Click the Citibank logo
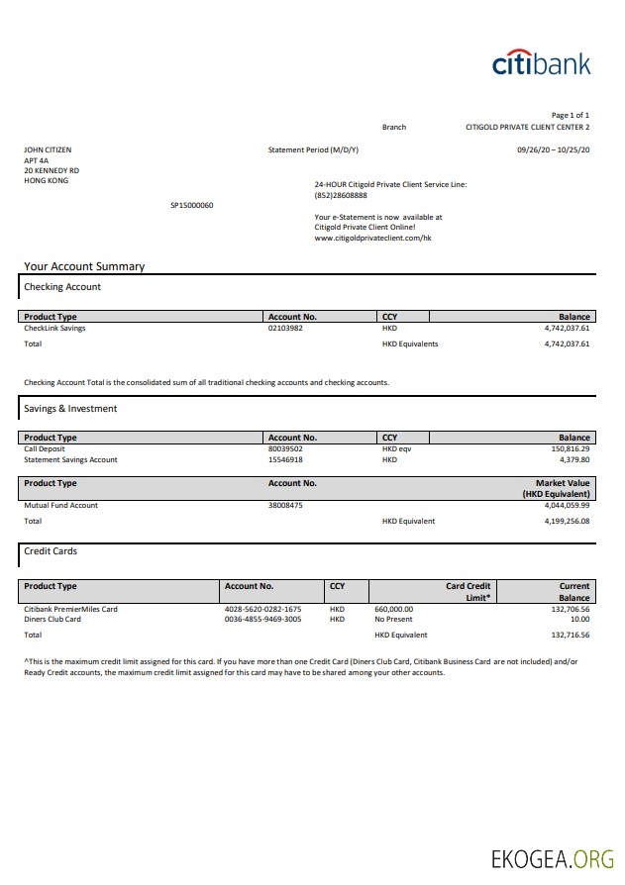point(541,63)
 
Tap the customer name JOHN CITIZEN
point(48,150)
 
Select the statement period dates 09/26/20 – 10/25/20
point(553,149)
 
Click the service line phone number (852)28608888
point(341,195)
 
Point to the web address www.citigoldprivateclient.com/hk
point(372,238)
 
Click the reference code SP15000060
point(192,205)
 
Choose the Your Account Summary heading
point(84,266)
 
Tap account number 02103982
point(285,328)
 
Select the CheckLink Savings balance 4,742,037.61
point(567,328)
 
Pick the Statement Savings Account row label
point(70,459)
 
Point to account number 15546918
point(285,459)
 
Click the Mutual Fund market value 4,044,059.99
point(567,505)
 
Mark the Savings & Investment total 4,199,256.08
point(567,521)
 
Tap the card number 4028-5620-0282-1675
point(262,609)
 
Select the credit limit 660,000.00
point(393,609)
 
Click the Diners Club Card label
point(52,619)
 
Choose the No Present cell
point(393,619)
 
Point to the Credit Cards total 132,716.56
point(570,635)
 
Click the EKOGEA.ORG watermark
point(553,858)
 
